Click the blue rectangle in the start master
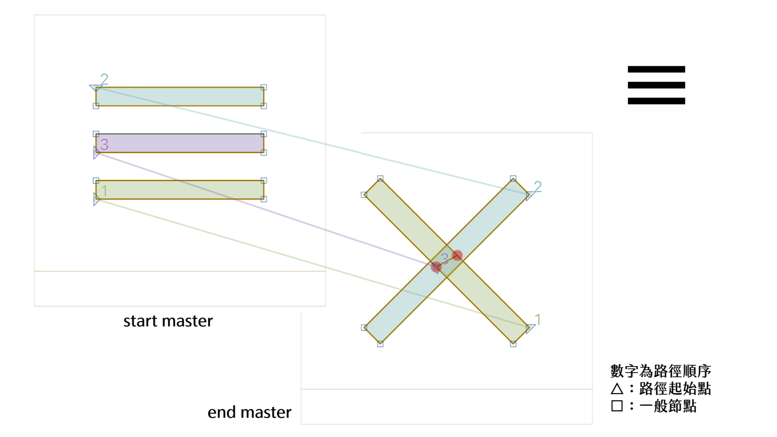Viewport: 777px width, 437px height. click(x=180, y=97)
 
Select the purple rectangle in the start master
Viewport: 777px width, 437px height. click(x=180, y=143)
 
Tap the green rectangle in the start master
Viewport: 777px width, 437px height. click(x=180, y=190)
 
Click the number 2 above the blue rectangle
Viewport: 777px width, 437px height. click(x=104, y=79)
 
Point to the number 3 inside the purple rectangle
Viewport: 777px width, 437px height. click(x=104, y=144)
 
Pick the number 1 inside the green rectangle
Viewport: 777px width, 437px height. click(x=104, y=191)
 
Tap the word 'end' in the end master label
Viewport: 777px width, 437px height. click(x=222, y=413)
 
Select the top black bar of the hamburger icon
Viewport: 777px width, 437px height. click(x=656, y=69)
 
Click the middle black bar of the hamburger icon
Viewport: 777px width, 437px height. click(x=656, y=85)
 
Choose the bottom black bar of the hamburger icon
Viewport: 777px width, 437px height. click(x=656, y=101)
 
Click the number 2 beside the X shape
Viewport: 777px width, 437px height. click(x=537, y=187)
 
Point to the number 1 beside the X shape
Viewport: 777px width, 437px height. click(x=537, y=320)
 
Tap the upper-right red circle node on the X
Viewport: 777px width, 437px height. click(x=457, y=255)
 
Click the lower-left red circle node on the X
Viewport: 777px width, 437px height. click(x=436, y=267)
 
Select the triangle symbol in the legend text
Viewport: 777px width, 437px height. click(x=617, y=389)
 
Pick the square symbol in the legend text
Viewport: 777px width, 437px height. click(x=617, y=406)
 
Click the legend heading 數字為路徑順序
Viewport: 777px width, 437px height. click(x=660, y=371)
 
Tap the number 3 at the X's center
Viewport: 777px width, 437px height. click(x=444, y=259)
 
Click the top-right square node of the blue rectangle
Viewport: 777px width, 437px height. click(x=264, y=87)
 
